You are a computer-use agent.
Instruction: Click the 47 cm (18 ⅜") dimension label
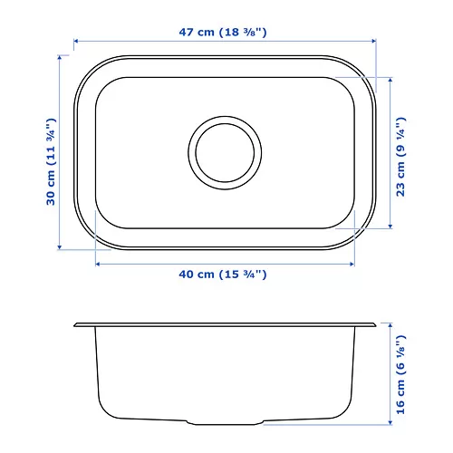223,33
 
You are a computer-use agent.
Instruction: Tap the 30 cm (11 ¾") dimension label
52,150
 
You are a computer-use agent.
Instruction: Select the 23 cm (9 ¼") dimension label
400,150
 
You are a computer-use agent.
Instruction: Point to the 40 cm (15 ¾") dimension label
223,274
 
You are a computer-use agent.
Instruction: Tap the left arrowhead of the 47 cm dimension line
76,41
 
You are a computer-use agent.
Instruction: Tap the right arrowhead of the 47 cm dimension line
373,41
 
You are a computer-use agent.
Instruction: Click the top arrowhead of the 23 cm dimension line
390,79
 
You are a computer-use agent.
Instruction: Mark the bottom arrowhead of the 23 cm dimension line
390,226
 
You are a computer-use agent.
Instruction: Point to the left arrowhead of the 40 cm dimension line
97,264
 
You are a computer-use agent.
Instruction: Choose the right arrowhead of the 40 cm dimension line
352,264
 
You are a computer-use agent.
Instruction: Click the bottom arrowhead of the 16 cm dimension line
391,421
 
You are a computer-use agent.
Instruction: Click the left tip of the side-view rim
76,323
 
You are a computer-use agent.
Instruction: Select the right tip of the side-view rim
375,323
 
